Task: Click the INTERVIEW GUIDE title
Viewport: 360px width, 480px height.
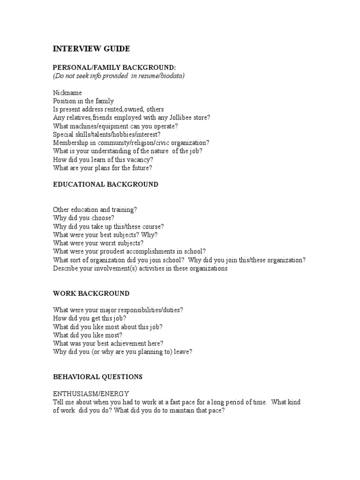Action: (x=91, y=49)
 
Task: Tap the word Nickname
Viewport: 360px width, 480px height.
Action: (x=67, y=93)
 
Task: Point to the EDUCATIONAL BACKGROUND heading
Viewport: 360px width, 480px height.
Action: (x=105, y=184)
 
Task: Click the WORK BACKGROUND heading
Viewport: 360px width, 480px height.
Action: (x=91, y=293)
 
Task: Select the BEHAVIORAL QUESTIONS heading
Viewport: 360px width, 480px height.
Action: (x=97, y=376)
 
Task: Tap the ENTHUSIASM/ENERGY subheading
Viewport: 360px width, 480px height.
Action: (x=91, y=393)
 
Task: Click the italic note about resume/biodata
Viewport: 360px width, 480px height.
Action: (x=119, y=76)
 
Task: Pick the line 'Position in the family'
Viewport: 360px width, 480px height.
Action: (x=83, y=101)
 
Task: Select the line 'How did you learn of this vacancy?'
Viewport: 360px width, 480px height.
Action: (x=103, y=159)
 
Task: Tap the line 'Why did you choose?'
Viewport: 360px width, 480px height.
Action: (x=83, y=218)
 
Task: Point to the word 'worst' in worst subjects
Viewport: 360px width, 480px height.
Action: (x=111, y=243)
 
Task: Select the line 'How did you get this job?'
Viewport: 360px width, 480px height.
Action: (x=90, y=318)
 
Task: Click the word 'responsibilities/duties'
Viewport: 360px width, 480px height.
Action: (x=149, y=310)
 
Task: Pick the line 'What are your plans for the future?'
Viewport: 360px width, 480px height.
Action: (x=102, y=167)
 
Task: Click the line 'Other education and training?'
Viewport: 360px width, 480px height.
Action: (x=95, y=210)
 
